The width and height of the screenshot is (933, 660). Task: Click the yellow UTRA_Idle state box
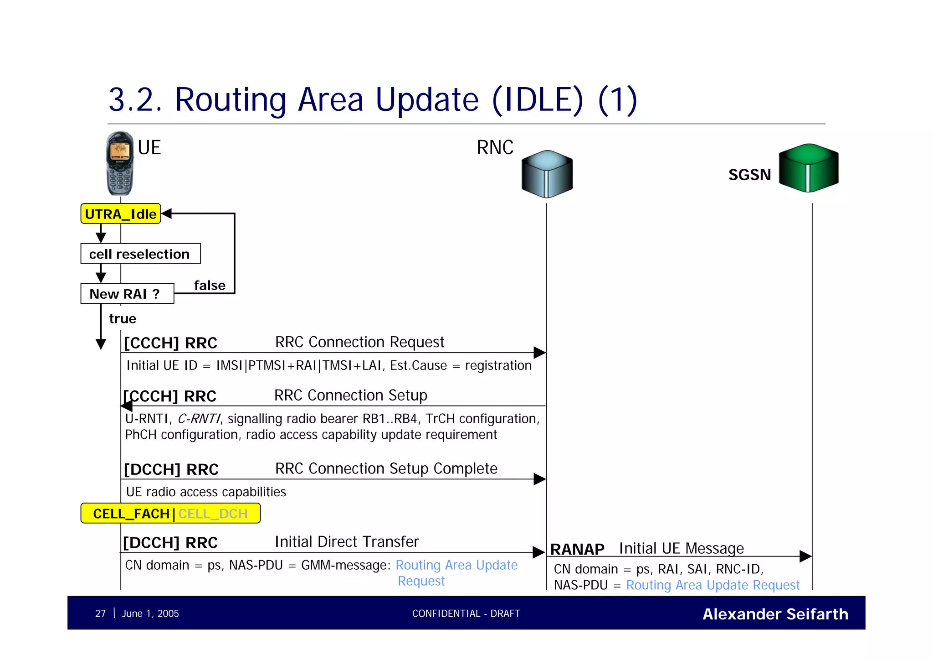[121, 214]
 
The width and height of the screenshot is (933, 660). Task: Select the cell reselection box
[140, 254]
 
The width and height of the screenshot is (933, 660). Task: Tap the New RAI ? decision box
[127, 294]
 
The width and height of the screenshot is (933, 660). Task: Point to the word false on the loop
[210, 286]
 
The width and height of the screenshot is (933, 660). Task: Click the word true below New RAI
[123, 318]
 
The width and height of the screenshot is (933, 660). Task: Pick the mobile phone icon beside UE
[120, 163]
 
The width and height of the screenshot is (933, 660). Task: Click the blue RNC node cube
[547, 174]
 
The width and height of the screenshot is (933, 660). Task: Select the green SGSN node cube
[808, 167]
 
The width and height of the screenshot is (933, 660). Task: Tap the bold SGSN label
[749, 175]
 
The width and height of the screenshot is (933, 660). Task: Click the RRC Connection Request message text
[359, 342]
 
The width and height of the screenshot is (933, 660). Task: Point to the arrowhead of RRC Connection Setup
[127, 405]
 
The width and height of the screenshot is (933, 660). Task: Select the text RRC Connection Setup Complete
[386, 468]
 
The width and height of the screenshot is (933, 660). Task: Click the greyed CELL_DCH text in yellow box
[213, 514]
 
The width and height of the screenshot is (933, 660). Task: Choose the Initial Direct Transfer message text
[347, 541]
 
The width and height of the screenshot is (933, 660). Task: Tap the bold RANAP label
[577, 549]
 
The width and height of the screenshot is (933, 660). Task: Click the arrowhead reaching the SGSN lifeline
[805, 556]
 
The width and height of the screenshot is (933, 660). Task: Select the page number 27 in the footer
[100, 613]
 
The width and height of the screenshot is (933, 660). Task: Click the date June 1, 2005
[150, 613]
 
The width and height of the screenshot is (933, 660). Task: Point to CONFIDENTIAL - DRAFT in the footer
[466, 613]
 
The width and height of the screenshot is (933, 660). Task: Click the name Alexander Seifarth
[775, 614]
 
